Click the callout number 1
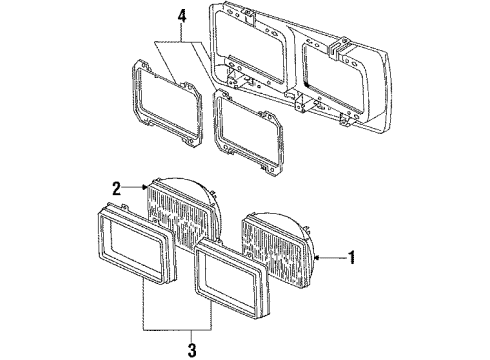(351, 257)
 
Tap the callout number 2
(117, 188)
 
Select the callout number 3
(192, 350)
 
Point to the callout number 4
(181, 16)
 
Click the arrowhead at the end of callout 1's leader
(317, 257)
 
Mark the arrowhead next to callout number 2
(145, 187)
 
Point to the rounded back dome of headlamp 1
(302, 230)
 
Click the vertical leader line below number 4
(181, 33)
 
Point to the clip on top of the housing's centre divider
(339, 47)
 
